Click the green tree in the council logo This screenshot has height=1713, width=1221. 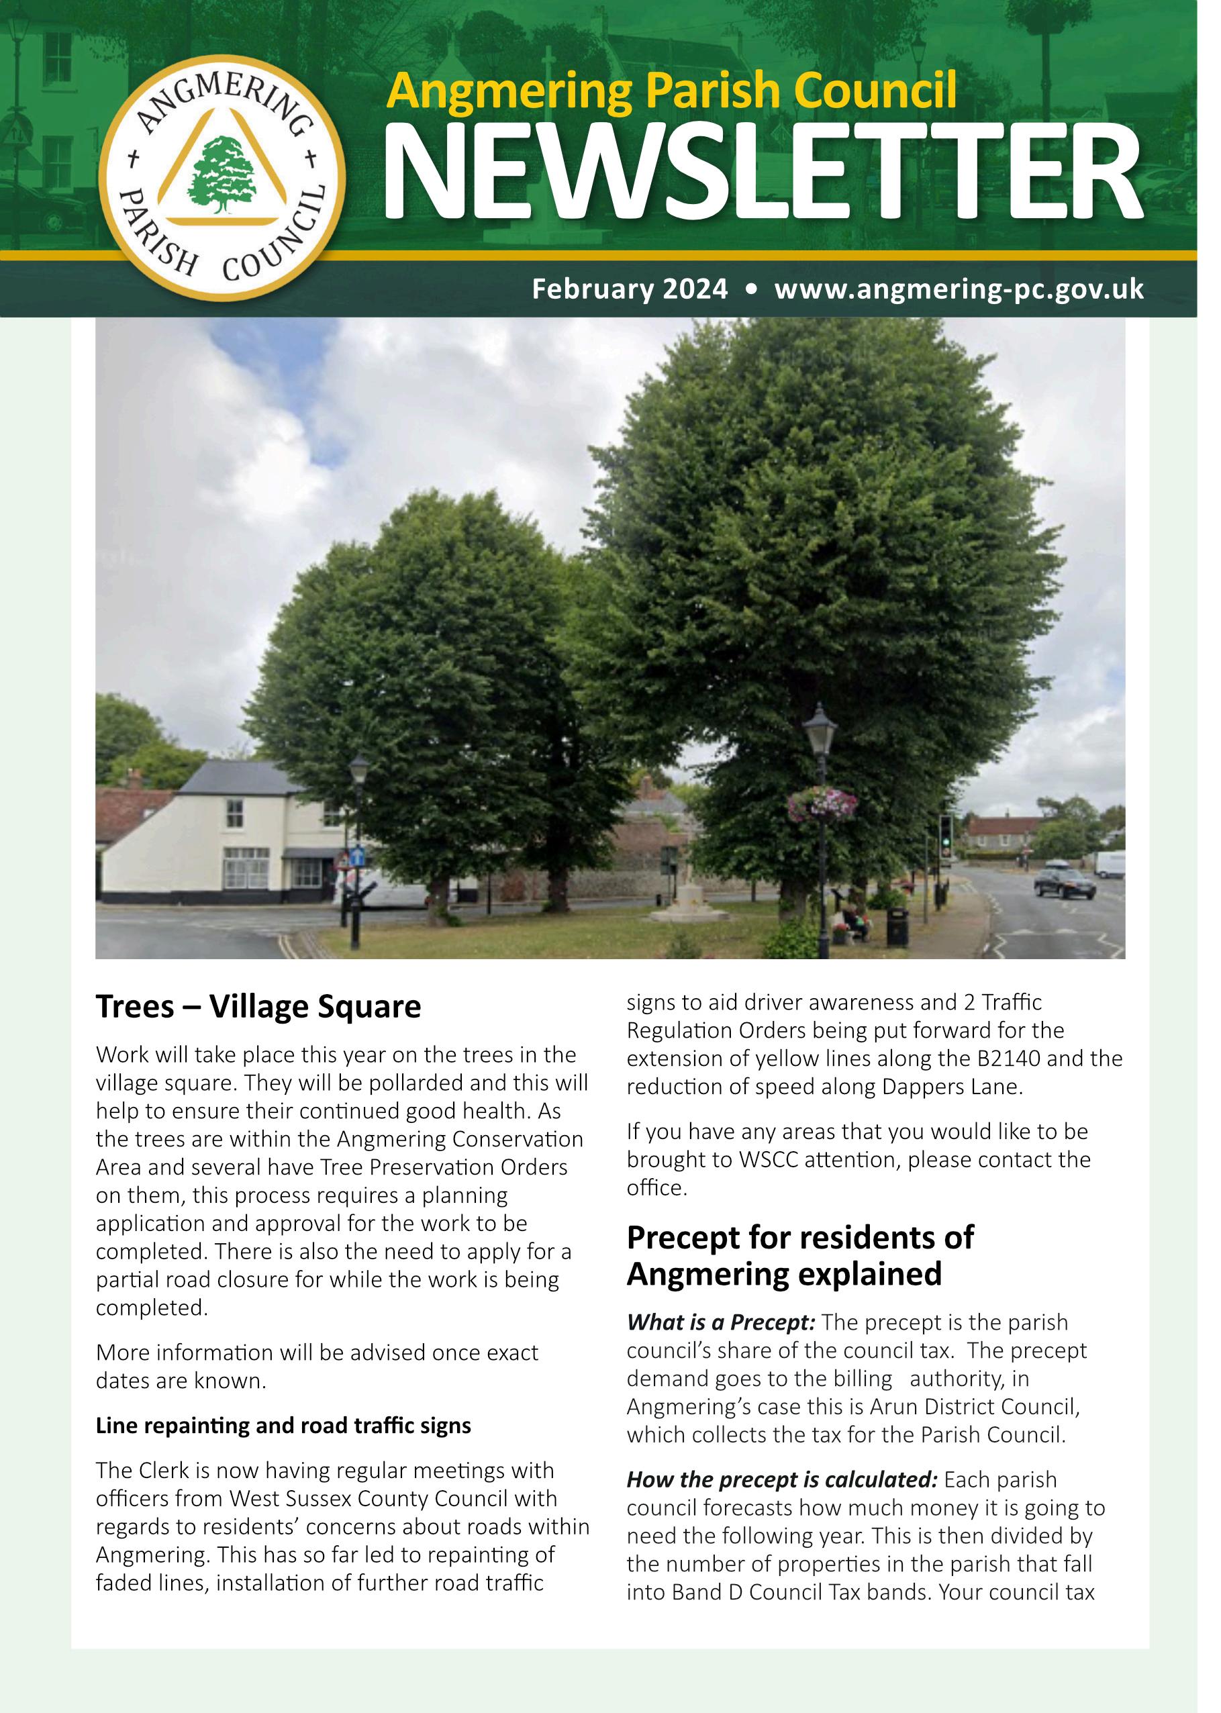pyautogui.click(x=220, y=174)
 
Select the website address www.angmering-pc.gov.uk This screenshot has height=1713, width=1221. pyautogui.click(x=959, y=289)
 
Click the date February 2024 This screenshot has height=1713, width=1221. pyautogui.click(x=630, y=289)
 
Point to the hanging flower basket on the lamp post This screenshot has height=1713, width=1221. pyautogui.click(x=822, y=805)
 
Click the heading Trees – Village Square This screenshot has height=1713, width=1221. pyautogui.click(x=258, y=1006)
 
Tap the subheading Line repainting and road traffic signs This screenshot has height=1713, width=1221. pyautogui.click(x=283, y=1425)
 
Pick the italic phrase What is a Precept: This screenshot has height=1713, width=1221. pyautogui.click(x=720, y=1322)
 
